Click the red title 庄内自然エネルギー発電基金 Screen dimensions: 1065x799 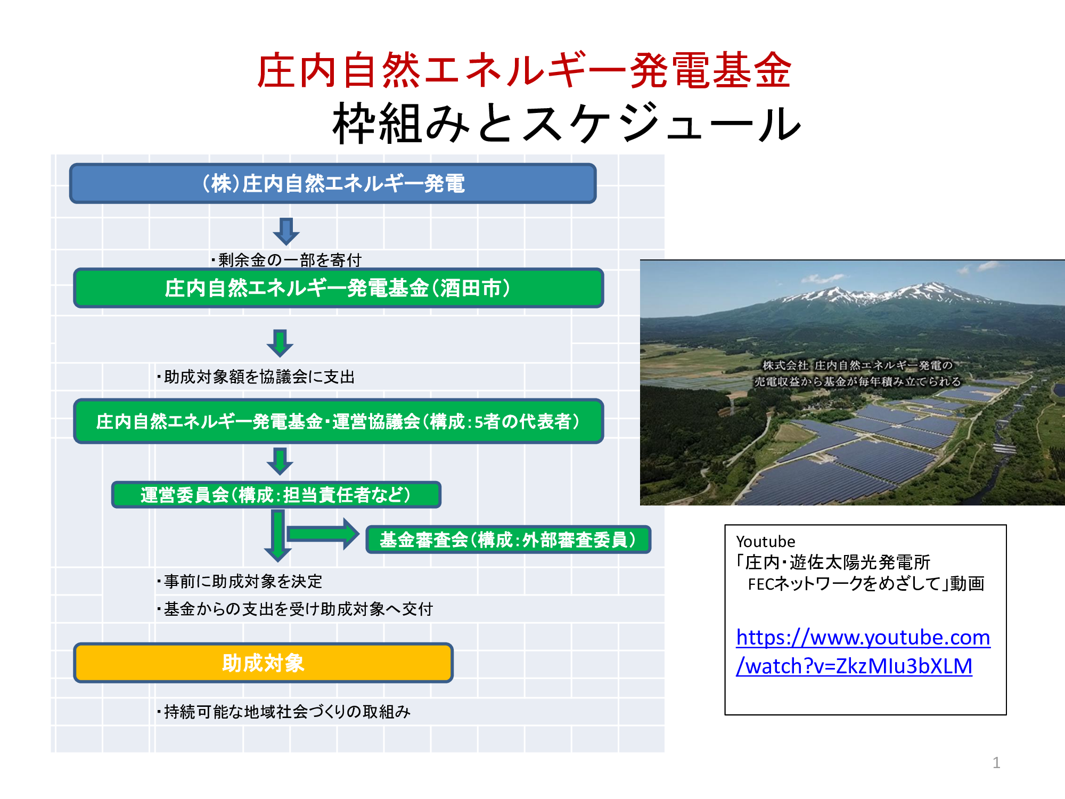point(525,70)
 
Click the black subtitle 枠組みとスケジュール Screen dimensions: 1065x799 point(567,123)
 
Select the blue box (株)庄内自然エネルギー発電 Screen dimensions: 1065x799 point(333,183)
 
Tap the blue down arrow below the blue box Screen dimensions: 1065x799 point(286,231)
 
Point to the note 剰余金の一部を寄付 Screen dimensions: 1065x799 point(286,260)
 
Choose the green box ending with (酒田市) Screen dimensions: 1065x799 point(338,288)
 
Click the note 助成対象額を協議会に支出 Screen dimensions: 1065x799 point(256,377)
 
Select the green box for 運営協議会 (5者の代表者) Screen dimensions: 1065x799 point(338,421)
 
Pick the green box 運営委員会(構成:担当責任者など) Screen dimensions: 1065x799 point(276,495)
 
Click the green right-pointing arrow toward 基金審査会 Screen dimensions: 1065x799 point(323,534)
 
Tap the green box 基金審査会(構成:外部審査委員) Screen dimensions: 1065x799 point(508,540)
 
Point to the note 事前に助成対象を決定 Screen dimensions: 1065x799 point(240,581)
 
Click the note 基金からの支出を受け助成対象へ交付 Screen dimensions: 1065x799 point(295,609)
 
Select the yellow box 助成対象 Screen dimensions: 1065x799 point(263,663)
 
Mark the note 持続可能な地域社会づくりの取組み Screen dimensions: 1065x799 point(284,712)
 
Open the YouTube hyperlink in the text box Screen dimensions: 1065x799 point(863,651)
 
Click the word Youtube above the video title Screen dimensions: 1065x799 point(765,541)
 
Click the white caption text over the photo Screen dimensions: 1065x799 point(857,373)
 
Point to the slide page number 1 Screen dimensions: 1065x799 point(996,763)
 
